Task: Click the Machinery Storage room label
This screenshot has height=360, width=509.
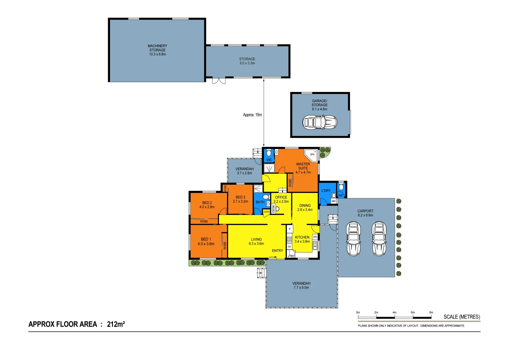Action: pyautogui.click(x=157, y=48)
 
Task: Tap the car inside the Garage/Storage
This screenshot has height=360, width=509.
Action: pyautogui.click(x=319, y=122)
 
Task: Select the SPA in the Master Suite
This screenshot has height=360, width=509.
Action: pyautogui.click(x=312, y=154)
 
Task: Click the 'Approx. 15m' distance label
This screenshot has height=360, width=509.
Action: pyautogui.click(x=252, y=115)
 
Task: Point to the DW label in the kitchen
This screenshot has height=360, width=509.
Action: pyautogui.click(x=315, y=237)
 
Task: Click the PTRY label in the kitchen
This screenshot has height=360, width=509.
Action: pyautogui.click(x=291, y=256)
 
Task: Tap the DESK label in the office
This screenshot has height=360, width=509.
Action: pyautogui.click(x=274, y=209)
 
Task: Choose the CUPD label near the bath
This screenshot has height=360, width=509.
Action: pyautogui.click(x=266, y=212)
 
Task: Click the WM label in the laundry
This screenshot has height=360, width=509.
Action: pyautogui.click(x=333, y=201)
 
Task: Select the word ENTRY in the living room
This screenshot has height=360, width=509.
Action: pyautogui.click(x=277, y=251)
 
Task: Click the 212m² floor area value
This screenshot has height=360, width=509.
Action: pyautogui.click(x=116, y=324)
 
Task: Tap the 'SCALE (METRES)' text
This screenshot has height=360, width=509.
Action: pyautogui.click(x=462, y=317)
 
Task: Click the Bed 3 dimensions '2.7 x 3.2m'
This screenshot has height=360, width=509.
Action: pyautogui.click(x=240, y=201)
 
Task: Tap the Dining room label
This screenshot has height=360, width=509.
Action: pyautogui.click(x=305, y=206)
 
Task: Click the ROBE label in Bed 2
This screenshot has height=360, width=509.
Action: pyautogui.click(x=204, y=221)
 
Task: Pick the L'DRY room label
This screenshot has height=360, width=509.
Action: pyautogui.click(x=326, y=191)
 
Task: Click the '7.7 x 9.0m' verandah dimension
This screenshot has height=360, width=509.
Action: pyautogui.click(x=301, y=288)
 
